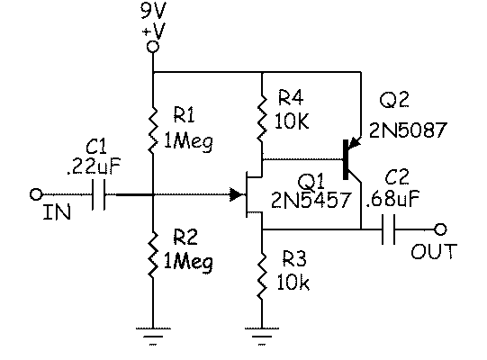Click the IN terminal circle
pyautogui.click(x=36, y=194)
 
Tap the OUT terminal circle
pyautogui.click(x=440, y=229)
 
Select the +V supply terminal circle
pyautogui.click(x=152, y=47)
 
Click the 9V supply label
pyautogui.click(x=153, y=10)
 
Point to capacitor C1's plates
pyautogui.click(x=99, y=194)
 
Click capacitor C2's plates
pyautogui.click(x=388, y=229)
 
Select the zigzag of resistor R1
pyautogui.click(x=152, y=130)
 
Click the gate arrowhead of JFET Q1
pyautogui.click(x=236, y=194)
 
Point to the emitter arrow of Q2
pyautogui.click(x=354, y=143)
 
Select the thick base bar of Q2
pyautogui.click(x=346, y=159)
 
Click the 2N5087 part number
pyautogui.click(x=408, y=130)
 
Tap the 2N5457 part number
pyautogui.click(x=311, y=200)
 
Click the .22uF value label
pyautogui.click(x=94, y=166)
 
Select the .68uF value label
pyautogui.click(x=392, y=198)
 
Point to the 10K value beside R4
pyautogui.click(x=292, y=121)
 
